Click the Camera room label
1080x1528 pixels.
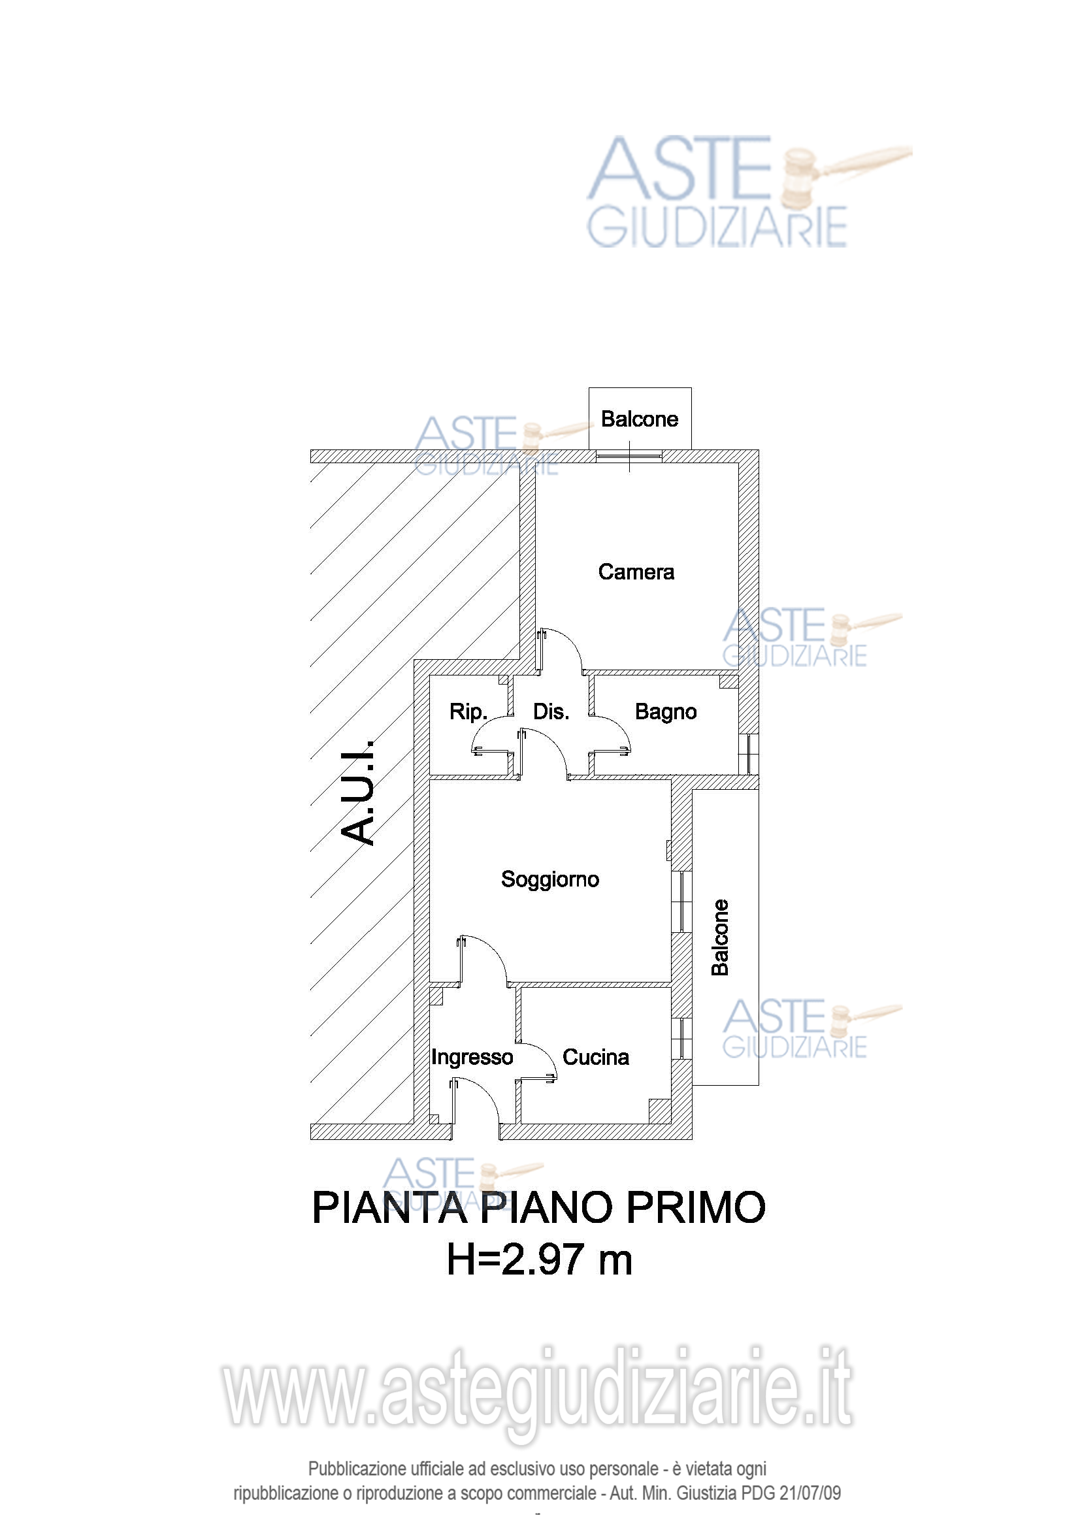pos(636,572)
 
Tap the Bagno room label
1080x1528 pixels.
pos(665,711)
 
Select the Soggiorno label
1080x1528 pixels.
pos(549,879)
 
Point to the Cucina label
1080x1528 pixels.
pos(596,1057)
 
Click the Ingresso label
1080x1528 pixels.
pos(472,1057)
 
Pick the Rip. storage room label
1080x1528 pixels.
pos(468,711)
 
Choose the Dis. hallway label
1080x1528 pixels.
pos(551,711)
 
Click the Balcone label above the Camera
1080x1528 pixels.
pos(640,419)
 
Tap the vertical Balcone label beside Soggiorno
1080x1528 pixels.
pos(720,937)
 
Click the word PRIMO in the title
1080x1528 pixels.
pos(696,1208)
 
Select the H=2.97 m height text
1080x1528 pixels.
pos(539,1260)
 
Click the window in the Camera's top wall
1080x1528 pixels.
pos(629,456)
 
